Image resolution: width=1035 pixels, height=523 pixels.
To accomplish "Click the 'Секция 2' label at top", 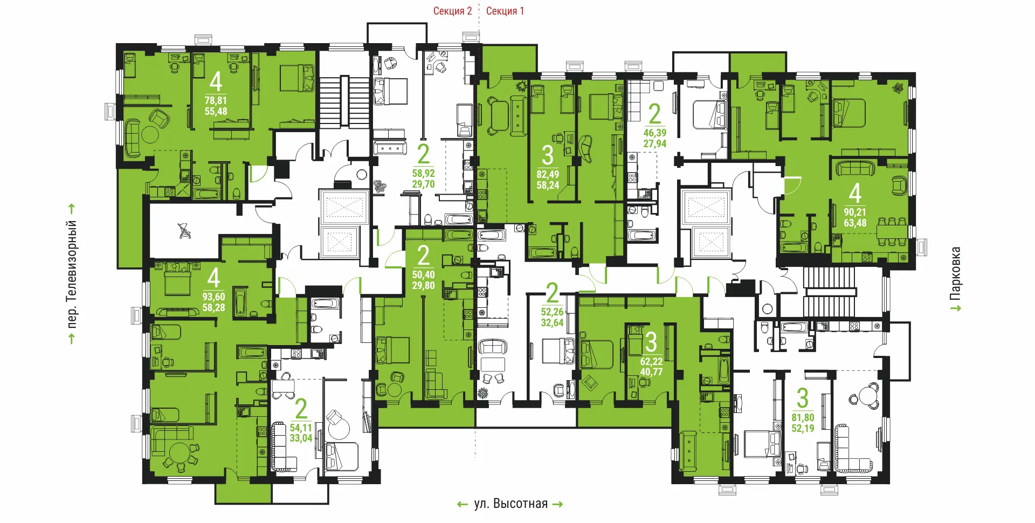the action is coord(452,11).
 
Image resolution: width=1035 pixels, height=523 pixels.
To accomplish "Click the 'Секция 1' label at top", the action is coord(505,11).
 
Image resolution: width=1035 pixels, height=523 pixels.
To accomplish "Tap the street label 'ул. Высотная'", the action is coord(510,504).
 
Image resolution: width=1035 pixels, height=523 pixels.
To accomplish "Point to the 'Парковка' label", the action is coord(955,273).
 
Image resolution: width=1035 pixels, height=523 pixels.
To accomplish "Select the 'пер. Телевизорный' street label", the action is coord(72,274).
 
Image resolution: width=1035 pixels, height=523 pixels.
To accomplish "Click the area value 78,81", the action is coord(216,100).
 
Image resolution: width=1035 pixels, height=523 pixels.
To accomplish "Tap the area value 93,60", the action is coord(213,297).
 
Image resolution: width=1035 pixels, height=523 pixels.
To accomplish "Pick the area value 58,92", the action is coord(423,173).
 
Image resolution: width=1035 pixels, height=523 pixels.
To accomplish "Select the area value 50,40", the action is coord(423,274).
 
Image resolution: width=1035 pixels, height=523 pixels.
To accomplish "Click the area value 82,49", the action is coord(548,174).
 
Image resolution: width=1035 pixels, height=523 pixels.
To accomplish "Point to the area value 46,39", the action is coord(654,133).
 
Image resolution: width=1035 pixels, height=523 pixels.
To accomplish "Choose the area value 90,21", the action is coord(855,212).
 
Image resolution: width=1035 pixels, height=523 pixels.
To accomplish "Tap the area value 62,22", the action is coord(651,361).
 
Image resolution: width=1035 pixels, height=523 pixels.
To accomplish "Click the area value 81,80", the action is coord(803,417).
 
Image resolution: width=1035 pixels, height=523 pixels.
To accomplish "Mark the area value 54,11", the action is coord(301,428).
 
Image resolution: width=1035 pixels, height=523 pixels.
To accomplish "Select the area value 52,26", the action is coord(552,312).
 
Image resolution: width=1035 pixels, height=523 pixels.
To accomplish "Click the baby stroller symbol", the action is coord(184,231).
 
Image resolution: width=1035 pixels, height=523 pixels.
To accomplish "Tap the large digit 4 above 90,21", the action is coord(855,193).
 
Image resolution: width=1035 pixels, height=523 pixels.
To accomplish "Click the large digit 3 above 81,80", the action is coord(803,398).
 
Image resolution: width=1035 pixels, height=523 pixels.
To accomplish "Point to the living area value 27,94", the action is coord(654,143).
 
